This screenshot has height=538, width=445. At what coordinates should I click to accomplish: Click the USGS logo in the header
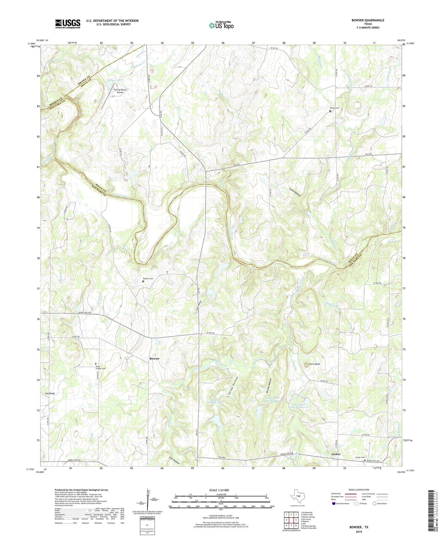click(68, 24)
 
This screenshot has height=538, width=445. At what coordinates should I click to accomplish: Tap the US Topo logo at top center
click(221, 26)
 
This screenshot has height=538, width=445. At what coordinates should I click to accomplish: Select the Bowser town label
click(154, 358)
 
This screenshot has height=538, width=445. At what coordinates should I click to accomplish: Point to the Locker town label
click(336, 454)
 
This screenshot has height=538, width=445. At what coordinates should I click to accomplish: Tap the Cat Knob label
click(50, 393)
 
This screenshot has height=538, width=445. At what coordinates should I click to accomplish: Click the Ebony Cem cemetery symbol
click(330, 111)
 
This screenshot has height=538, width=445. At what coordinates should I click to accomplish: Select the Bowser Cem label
click(148, 279)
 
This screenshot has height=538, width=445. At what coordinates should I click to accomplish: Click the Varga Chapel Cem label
click(100, 367)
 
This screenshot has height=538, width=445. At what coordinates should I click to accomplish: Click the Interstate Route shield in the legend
click(334, 503)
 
